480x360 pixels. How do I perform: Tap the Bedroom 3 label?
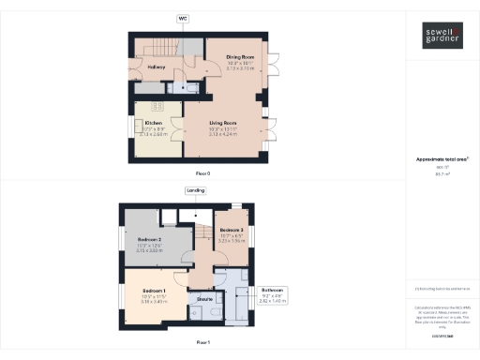point(232,231)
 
